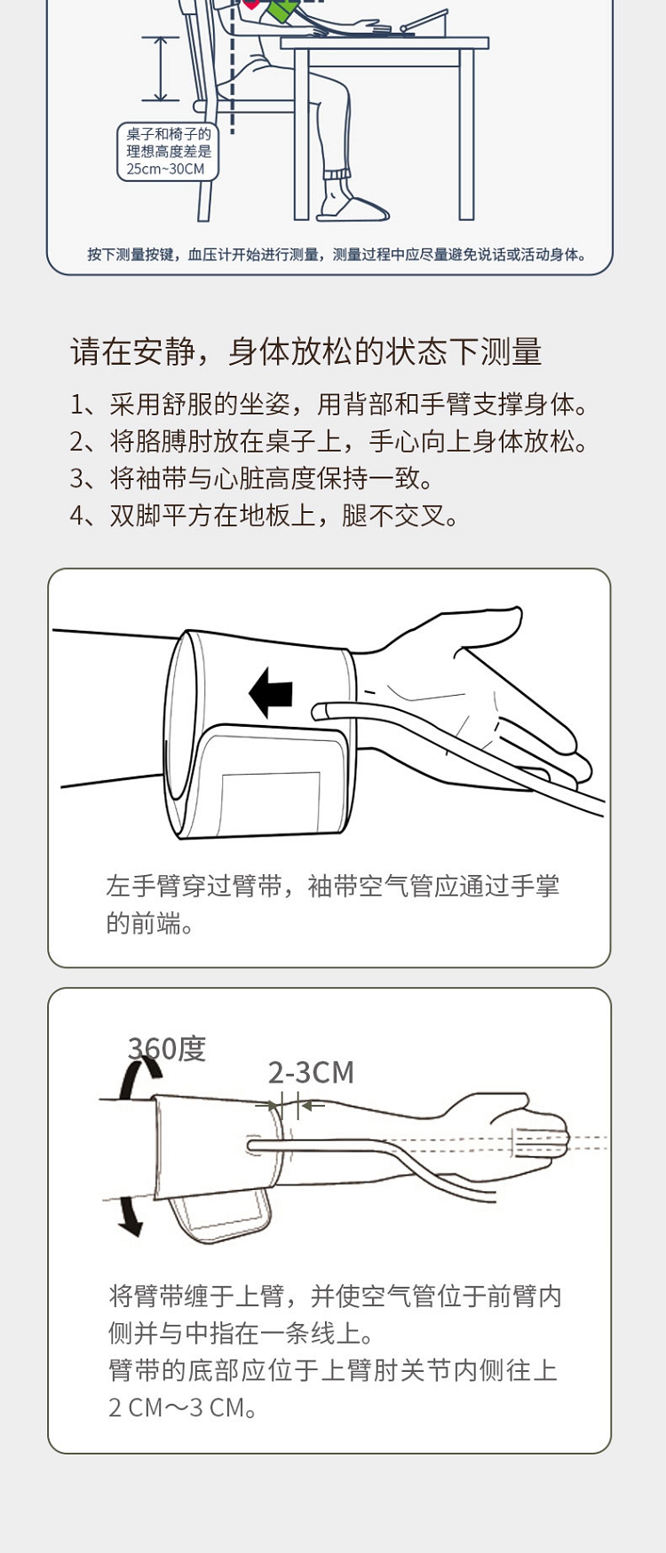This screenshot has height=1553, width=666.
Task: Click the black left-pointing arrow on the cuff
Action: [271, 692]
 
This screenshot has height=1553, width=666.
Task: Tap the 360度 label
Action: [167, 1048]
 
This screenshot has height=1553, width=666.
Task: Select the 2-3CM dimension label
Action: [311, 1072]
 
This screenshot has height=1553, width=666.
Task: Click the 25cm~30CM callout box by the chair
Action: [168, 152]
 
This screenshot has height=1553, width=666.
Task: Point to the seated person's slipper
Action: [353, 206]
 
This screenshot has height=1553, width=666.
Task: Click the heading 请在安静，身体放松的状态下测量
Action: [306, 351]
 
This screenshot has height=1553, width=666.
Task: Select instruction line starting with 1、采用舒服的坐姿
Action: [329, 405]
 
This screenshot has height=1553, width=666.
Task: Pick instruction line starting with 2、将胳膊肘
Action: [329, 441]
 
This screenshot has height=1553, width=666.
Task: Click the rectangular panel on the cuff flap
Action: [270, 800]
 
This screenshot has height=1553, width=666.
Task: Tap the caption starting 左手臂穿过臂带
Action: [333, 904]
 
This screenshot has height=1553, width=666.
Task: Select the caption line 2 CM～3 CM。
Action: [184, 1407]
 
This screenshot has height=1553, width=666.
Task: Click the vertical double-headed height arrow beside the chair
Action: [160, 68]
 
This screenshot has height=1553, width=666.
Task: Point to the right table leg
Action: [467, 134]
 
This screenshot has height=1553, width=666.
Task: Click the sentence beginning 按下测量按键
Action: [337, 255]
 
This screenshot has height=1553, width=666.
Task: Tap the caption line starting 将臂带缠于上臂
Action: [336, 1297]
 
